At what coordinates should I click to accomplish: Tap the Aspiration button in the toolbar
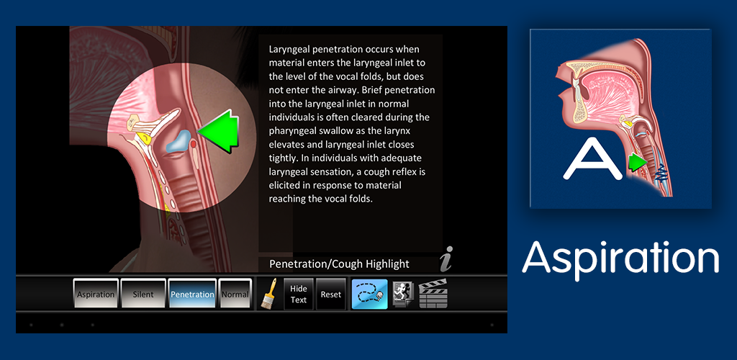96,294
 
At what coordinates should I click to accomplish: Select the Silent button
143,294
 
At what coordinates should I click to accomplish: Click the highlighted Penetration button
192,294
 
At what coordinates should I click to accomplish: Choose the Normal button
235,294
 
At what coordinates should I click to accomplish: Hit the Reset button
330,294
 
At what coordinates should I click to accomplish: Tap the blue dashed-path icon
369,294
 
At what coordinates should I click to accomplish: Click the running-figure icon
402,294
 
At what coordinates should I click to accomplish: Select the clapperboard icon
433,294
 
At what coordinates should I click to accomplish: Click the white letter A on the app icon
589,158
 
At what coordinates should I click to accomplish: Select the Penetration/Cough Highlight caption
339,264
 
